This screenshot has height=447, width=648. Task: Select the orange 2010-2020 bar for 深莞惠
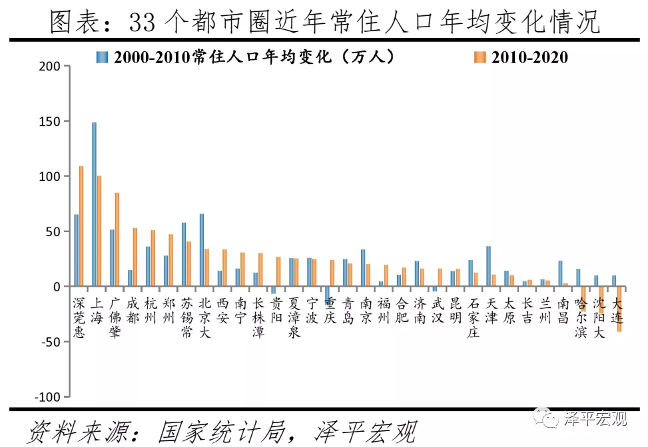(81, 226)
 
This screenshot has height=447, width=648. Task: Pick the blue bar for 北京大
(201, 250)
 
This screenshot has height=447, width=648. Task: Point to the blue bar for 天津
(488, 266)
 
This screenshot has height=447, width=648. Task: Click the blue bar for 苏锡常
(184, 255)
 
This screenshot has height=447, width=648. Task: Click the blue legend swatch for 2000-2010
(101, 58)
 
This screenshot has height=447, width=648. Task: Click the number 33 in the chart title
(142, 23)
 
